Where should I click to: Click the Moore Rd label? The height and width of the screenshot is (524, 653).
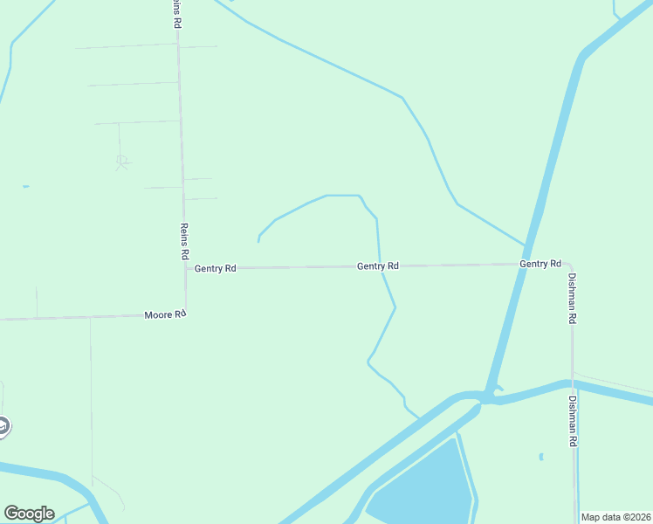165,314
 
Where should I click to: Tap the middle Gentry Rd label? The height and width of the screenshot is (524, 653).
378,265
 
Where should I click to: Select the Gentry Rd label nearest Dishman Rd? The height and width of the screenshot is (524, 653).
540,263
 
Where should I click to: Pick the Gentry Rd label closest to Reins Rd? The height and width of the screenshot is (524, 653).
215,268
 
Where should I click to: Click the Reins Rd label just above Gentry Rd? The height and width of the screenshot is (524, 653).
184,241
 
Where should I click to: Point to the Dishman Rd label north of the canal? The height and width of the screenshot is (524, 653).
573,297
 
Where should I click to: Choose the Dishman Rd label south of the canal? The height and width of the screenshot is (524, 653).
573,423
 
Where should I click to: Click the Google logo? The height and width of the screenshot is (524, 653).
29,514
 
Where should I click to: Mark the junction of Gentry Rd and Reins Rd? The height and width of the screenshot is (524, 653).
185,268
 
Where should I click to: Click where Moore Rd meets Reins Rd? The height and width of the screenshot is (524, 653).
185,314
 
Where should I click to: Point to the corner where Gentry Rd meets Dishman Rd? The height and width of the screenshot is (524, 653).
569,264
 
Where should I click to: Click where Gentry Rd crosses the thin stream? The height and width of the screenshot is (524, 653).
381,265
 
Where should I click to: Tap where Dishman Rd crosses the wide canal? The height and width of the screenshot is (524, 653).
573,384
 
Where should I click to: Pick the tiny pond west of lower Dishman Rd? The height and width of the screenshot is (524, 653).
541,456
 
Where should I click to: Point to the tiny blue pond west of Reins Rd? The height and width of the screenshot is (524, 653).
26,186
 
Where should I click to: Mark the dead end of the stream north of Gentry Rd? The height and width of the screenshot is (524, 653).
259,240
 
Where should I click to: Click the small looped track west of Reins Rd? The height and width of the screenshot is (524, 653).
123,161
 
